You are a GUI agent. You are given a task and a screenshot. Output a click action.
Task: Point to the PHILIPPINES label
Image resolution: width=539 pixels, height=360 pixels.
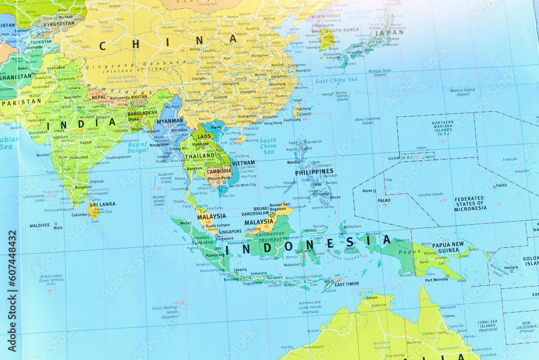[314, 172]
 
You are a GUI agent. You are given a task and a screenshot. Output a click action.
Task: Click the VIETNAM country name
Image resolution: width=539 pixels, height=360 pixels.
[243, 163]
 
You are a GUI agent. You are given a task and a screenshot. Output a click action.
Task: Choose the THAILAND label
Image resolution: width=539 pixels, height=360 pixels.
[200, 156]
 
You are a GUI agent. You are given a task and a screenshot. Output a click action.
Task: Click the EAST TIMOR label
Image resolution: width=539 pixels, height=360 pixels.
[347, 284]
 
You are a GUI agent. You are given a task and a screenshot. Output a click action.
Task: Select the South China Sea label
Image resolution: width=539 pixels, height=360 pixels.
[268, 146]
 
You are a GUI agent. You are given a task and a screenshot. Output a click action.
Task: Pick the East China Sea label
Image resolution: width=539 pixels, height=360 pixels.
[336, 80]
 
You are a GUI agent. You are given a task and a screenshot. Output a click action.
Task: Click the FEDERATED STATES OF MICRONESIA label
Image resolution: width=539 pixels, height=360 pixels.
[470, 203]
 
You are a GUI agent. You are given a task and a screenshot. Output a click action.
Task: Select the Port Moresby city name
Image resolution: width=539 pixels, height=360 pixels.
[437, 280]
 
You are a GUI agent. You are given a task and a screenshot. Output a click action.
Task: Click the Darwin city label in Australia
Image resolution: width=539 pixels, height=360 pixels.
[371, 297]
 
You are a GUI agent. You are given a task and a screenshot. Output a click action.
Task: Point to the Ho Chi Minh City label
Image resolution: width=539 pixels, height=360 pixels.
[242, 185]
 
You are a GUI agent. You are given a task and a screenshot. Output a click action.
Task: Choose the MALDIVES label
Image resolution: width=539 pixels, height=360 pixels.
[39, 225]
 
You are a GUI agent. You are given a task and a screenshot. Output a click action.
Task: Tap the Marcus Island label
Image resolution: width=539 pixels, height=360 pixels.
[462, 92]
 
